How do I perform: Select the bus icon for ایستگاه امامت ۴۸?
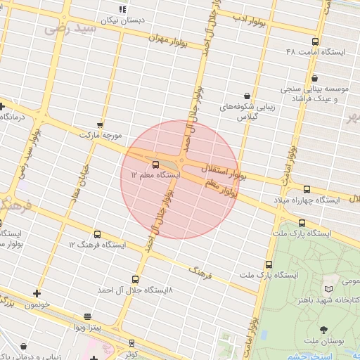[x=315, y=41]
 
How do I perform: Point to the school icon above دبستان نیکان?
[x=122, y=9]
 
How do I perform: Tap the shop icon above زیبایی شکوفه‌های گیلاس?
[x=247, y=96]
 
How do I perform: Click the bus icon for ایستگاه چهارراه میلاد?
[x=307, y=189]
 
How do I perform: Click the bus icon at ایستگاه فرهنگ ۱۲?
[x=97, y=234]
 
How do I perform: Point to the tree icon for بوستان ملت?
[x=324, y=330]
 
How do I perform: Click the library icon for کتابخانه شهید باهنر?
[x=329, y=289]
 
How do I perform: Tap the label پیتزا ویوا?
[x=89, y=327]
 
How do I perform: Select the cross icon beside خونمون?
[x=37, y=293]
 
